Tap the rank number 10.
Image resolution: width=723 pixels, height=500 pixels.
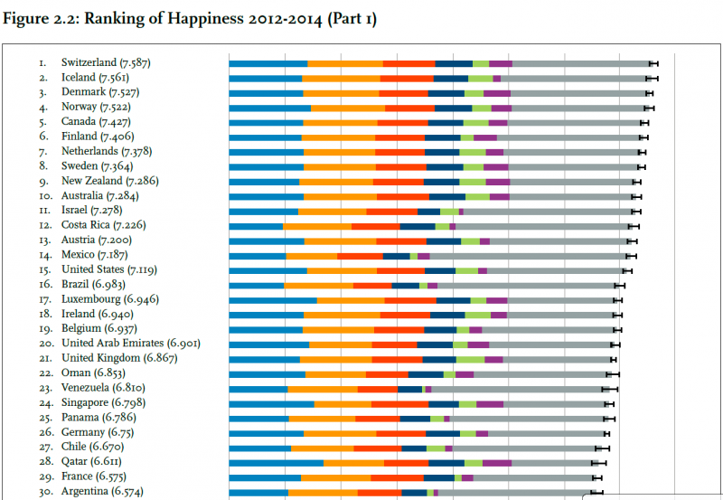tap(43, 195)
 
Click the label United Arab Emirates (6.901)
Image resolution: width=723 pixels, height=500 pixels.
tap(130, 344)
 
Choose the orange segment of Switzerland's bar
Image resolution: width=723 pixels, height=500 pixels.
tap(345, 63)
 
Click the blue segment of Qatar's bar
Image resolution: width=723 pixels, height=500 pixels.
tap(276, 463)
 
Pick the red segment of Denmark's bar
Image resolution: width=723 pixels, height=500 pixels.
tap(403, 93)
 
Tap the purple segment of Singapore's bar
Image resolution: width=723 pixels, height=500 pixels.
tap(490, 403)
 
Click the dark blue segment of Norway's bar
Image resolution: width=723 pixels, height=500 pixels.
tap(454, 108)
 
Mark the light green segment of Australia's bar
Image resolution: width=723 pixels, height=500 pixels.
tap(477, 196)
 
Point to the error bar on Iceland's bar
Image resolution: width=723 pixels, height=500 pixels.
tap(652, 79)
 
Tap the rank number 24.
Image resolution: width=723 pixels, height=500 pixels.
tap(43, 402)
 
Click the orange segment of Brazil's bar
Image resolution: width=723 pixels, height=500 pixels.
tap(318, 285)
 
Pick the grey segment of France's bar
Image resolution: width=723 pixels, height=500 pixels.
tap(533, 476)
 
